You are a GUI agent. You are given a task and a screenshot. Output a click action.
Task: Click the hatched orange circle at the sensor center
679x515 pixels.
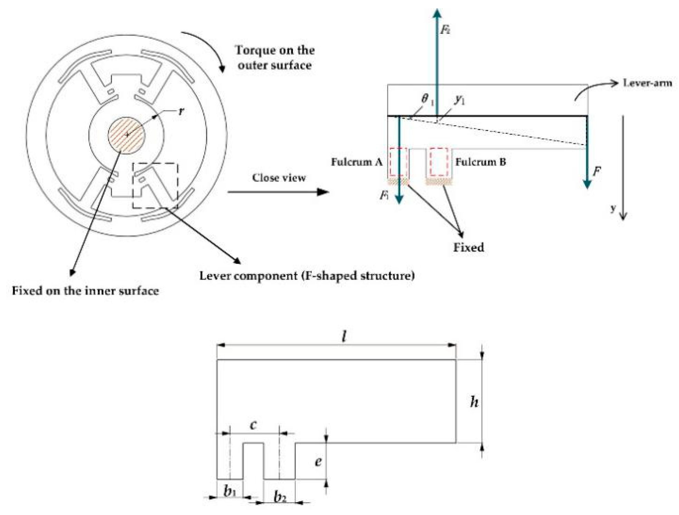click(127, 135)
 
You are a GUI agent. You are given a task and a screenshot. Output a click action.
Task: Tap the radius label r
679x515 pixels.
click(181, 111)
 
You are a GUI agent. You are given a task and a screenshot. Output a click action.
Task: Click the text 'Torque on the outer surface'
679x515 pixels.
click(275, 57)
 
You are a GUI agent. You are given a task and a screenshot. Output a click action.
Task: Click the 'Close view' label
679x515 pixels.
click(279, 178)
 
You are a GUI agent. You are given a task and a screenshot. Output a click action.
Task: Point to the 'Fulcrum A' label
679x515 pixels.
click(356, 162)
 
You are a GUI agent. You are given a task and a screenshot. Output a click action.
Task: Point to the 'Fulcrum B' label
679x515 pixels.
click(480, 162)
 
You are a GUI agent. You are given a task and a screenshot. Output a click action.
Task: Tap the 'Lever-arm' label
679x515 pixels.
click(647, 83)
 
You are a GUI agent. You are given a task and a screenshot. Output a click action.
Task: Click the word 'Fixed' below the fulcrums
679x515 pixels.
click(468, 247)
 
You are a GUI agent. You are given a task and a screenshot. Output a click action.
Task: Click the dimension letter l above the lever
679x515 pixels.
click(344, 336)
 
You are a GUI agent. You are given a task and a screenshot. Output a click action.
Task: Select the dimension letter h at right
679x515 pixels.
click(475, 401)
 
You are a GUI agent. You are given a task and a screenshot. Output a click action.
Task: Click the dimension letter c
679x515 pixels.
click(253, 425)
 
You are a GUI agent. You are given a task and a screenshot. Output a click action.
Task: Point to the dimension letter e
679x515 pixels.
click(318, 461)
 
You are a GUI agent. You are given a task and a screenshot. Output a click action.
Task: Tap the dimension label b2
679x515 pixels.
click(280, 497)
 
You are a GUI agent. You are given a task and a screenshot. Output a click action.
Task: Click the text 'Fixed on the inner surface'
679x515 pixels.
click(85, 291)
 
